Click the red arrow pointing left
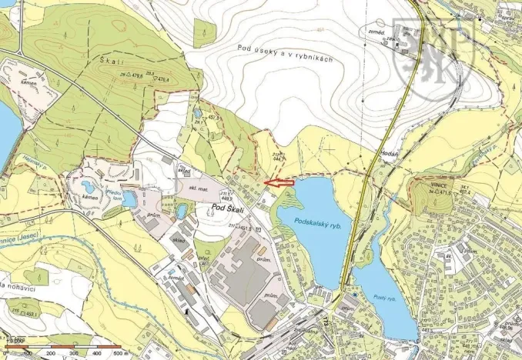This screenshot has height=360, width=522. point(281,182)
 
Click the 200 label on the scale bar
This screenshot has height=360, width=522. point(52,353)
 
